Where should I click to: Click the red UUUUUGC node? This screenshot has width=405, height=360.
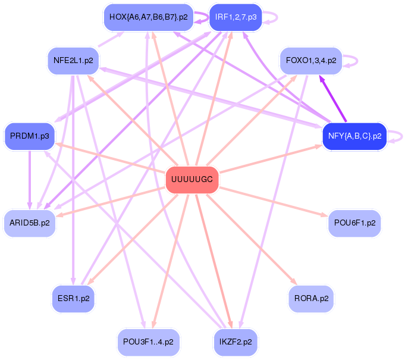click(x=192, y=180)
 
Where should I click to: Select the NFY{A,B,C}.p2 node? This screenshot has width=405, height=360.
click(x=354, y=136)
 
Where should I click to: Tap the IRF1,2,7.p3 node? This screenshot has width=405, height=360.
click(x=236, y=17)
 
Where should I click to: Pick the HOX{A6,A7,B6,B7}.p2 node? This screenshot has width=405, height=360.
click(x=149, y=17)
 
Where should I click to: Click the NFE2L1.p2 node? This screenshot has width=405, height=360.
click(x=73, y=61)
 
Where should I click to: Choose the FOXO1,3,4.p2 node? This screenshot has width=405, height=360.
click(x=311, y=61)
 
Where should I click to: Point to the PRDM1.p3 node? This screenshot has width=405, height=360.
click(x=30, y=136)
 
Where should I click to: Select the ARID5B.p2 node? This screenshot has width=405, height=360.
click(x=30, y=223)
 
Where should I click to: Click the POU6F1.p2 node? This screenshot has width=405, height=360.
click(x=354, y=223)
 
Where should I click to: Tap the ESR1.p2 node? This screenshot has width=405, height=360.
click(x=73, y=299)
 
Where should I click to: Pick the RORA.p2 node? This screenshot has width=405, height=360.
click(x=311, y=299)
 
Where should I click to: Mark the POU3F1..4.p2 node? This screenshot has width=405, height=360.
click(x=149, y=342)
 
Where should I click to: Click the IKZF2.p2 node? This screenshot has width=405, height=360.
click(x=236, y=342)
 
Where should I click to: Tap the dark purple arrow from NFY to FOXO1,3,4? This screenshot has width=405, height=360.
click(x=332, y=98)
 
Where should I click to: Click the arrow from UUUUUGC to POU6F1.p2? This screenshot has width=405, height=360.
click(x=274, y=202)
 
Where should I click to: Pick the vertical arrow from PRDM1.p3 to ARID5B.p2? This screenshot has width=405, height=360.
click(x=30, y=180)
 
